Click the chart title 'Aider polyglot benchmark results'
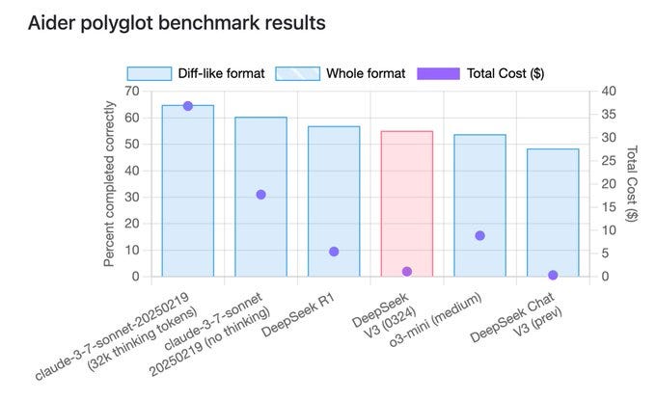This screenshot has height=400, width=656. point(176,21)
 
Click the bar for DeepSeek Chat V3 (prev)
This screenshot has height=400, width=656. point(554,212)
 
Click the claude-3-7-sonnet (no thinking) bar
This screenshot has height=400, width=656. point(260,197)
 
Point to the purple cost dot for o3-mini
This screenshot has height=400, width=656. point(480,235)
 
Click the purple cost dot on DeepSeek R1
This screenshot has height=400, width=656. point(334,252)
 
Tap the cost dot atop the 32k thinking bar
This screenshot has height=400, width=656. point(187,106)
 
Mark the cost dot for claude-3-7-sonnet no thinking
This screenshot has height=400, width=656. point(260,195)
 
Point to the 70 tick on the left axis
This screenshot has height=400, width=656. point(131,91)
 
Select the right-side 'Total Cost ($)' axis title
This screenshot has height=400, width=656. point(633,183)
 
